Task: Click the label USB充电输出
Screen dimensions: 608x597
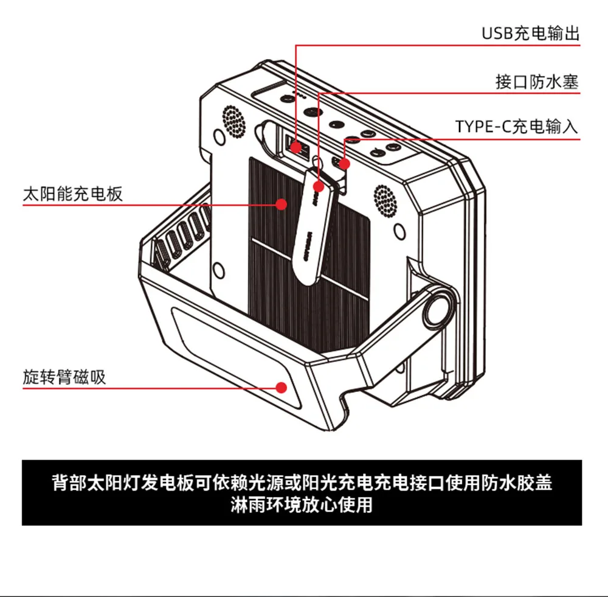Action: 530,33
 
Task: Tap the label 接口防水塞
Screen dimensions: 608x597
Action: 537,82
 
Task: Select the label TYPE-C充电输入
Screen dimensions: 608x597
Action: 516,127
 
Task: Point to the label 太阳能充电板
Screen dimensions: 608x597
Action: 72,194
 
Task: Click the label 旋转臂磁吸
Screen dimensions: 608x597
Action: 64,377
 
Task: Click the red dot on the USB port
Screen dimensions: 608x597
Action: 296,147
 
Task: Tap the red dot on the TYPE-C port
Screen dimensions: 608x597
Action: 344,164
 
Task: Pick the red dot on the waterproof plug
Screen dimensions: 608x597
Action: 319,187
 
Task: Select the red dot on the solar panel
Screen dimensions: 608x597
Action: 282,204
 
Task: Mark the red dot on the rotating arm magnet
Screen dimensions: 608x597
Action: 282,388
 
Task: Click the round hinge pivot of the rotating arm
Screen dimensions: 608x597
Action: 438,308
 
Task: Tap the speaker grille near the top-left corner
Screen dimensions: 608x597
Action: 234,120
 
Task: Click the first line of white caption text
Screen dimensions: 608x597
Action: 302,483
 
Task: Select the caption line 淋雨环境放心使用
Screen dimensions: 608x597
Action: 302,504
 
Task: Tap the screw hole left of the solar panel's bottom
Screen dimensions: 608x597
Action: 219,270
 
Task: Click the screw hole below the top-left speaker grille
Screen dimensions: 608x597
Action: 219,137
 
